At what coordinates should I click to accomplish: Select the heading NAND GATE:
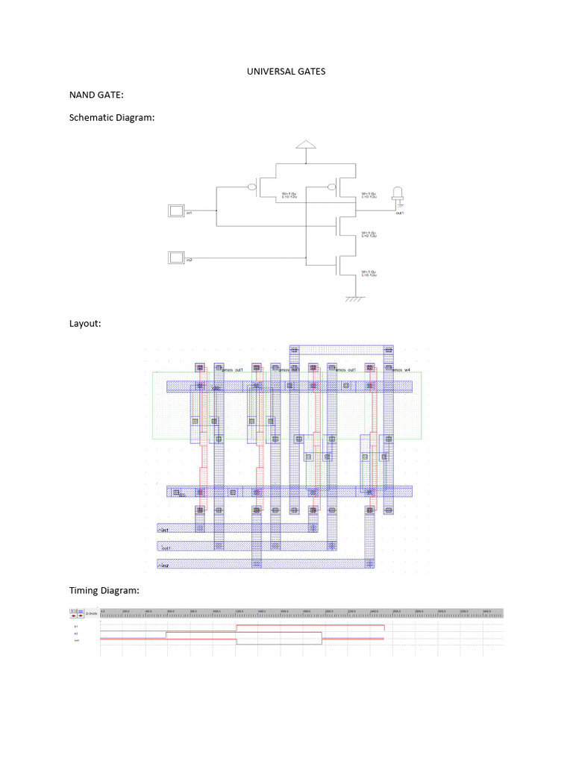click(96, 95)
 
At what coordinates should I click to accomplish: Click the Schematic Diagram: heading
click(112, 117)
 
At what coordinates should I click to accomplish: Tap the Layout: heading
click(85, 323)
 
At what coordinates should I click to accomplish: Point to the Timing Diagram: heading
click(104, 590)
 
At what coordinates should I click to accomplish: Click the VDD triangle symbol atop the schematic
click(305, 144)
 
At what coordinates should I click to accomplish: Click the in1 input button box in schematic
click(176, 211)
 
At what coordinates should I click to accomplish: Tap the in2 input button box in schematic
click(176, 258)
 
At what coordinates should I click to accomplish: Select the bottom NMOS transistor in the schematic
click(339, 263)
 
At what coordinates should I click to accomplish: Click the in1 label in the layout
click(164, 529)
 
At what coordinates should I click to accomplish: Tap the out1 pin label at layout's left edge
click(166, 548)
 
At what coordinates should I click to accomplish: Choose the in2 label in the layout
click(164, 566)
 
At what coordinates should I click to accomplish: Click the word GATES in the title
click(313, 72)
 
